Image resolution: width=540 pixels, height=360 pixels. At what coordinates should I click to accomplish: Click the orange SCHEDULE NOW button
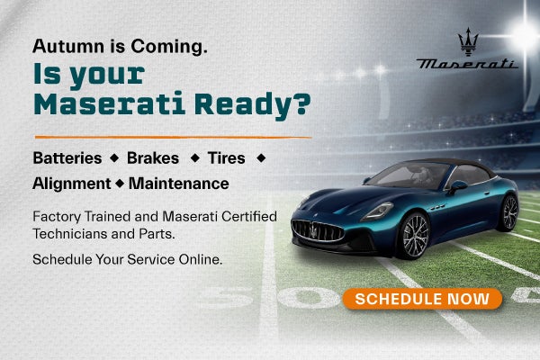pos(422,299)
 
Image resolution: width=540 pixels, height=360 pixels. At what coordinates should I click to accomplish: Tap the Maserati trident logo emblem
pos(468,41)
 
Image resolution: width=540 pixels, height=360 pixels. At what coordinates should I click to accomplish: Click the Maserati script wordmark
pos(467,64)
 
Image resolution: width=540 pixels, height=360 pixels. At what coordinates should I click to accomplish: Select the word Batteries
pos(67,158)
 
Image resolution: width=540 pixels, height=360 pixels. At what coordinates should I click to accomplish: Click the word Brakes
pos(153,158)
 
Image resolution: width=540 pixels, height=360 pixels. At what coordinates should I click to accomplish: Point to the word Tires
pos(226,158)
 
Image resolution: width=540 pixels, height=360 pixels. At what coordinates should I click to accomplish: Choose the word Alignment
pos(72,184)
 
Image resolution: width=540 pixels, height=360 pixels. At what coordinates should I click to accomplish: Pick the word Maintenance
pos(179,184)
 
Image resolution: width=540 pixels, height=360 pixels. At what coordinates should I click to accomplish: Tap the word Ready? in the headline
pos(252,104)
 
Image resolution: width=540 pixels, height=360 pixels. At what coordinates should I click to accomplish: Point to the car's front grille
pos(318,230)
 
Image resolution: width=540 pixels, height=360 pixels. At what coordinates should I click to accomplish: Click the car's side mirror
pos(457,186)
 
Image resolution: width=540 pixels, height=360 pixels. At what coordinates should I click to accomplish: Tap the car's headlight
pos(378,211)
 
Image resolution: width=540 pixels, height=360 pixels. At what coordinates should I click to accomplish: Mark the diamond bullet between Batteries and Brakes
pos(114,158)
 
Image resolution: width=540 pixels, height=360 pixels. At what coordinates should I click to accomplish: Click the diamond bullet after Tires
pos(261,158)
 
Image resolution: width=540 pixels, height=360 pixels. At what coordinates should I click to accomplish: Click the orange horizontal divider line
pos(173,137)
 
